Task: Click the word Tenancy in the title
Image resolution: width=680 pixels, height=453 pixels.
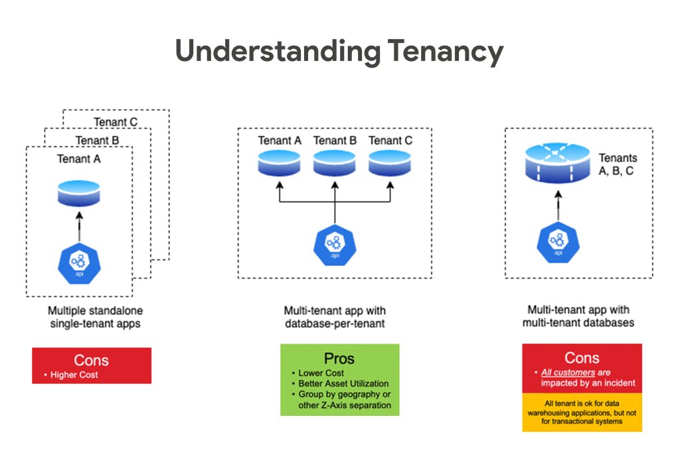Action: [x=446, y=52]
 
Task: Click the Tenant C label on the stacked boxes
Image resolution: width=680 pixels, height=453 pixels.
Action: [x=116, y=122]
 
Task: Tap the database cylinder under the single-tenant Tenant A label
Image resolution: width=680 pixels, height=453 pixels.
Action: [x=79, y=193]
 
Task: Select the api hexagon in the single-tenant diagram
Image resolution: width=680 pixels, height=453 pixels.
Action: [x=80, y=263]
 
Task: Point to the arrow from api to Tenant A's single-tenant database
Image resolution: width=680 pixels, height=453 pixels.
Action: [x=79, y=227]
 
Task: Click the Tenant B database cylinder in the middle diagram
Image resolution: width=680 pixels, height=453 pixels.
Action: [x=335, y=163]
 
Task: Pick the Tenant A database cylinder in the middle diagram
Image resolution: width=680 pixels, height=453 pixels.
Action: [x=280, y=163]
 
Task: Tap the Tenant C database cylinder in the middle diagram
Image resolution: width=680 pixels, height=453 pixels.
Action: [x=390, y=163]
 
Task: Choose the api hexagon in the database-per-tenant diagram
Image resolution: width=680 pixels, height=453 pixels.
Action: [x=335, y=245]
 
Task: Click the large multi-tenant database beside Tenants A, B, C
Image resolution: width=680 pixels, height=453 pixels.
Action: [x=558, y=163]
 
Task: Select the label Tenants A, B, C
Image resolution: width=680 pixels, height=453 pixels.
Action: [x=618, y=164]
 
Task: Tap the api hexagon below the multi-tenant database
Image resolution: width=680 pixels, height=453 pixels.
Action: [x=558, y=242]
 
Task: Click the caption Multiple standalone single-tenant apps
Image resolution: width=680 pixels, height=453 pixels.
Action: [x=96, y=317]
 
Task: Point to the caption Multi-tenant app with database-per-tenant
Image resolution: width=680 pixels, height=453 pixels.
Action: [x=335, y=317]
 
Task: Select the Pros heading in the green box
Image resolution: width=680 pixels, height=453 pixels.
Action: [x=339, y=359]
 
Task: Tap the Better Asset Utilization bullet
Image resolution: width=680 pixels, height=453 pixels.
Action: [x=343, y=383]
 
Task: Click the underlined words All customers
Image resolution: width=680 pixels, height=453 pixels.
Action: [x=568, y=373]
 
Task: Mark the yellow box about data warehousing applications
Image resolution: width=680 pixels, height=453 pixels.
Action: [x=582, y=413]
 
